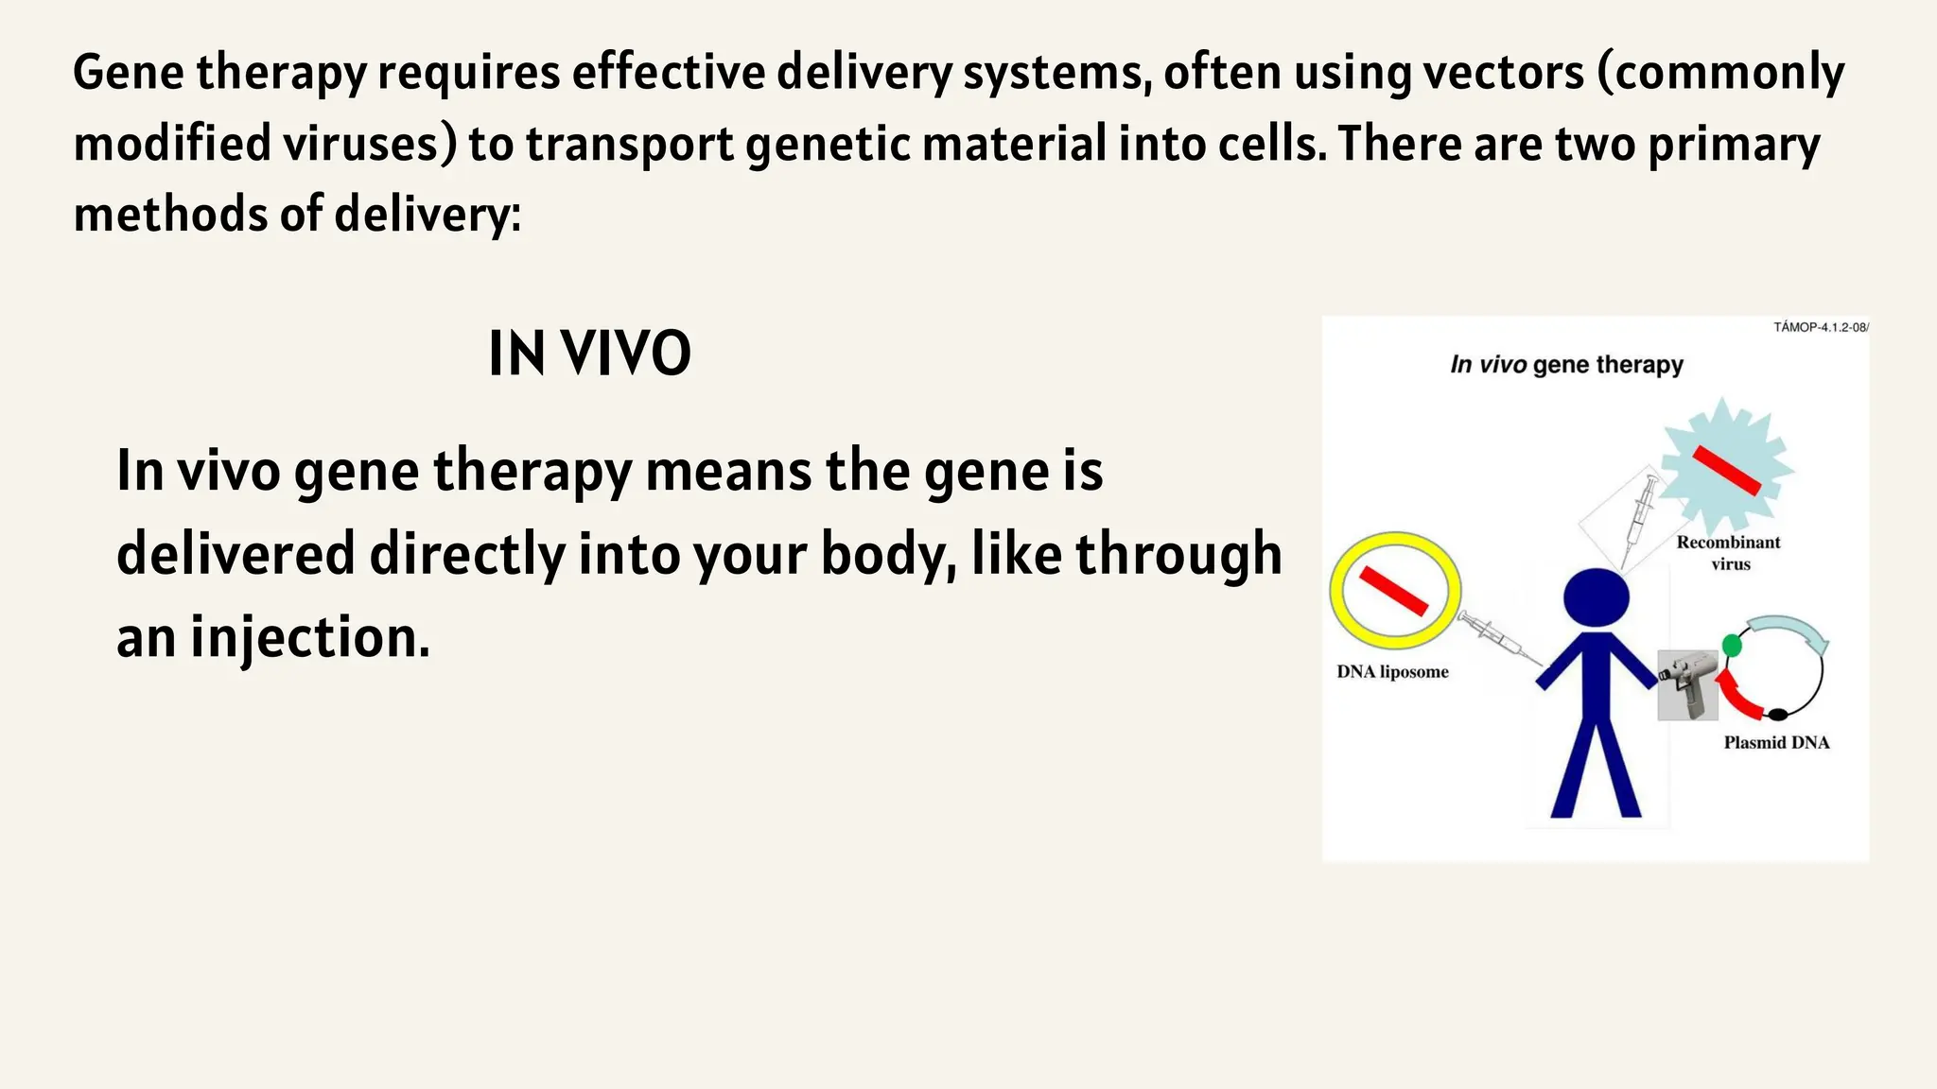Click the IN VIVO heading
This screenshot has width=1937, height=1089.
[x=589, y=354]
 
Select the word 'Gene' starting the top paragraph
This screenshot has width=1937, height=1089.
[x=128, y=73]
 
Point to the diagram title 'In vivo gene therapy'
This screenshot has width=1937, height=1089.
[x=1566, y=365]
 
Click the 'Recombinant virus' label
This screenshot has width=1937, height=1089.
[x=1729, y=553]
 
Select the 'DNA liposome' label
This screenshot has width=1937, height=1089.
[x=1392, y=672]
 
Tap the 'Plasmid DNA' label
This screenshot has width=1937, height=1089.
[x=1776, y=743]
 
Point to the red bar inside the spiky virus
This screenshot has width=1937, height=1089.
[x=1726, y=470]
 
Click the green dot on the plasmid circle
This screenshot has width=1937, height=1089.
[x=1732, y=646]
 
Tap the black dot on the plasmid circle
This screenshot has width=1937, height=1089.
[x=1778, y=714]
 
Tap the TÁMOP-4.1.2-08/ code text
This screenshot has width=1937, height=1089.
[x=1821, y=328]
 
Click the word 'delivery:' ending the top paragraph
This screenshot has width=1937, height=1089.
[x=428, y=215]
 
